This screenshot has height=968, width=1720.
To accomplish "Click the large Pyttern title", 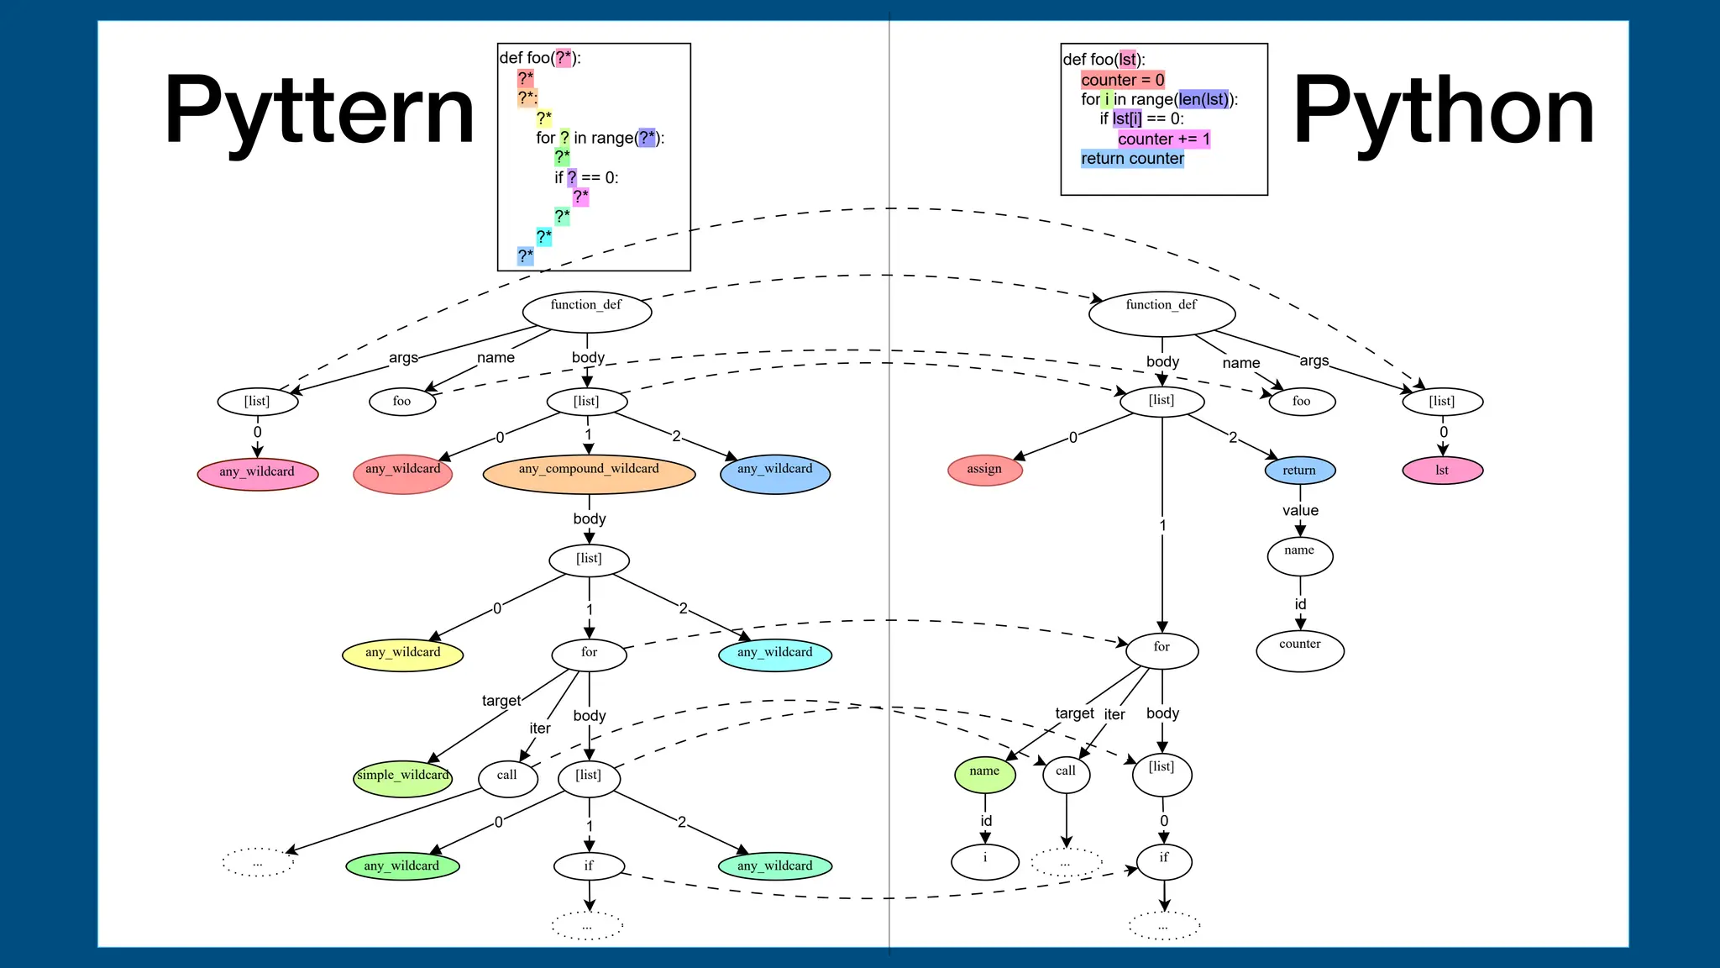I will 319,112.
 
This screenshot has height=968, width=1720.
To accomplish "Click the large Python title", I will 1442,112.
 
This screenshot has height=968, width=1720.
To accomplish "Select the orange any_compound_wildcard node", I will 589,473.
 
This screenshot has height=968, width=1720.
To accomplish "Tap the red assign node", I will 984,470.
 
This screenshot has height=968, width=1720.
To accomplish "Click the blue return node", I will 1299,471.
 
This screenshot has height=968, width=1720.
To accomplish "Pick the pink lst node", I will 1442,471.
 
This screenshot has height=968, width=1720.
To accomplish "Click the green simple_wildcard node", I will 402,776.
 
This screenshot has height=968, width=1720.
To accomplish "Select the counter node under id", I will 1299,650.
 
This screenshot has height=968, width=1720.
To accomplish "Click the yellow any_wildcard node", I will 402,655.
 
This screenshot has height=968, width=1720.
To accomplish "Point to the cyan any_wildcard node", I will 774,655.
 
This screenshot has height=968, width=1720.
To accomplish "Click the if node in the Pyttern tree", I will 589,866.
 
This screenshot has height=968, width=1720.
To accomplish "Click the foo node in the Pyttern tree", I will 402,402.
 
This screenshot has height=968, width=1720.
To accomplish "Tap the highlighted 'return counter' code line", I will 1132,159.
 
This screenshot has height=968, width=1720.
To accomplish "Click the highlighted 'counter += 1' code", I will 1163,139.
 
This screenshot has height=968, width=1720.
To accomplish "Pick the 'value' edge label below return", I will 1300,511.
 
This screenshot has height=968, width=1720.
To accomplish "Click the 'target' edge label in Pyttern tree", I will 501,701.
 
